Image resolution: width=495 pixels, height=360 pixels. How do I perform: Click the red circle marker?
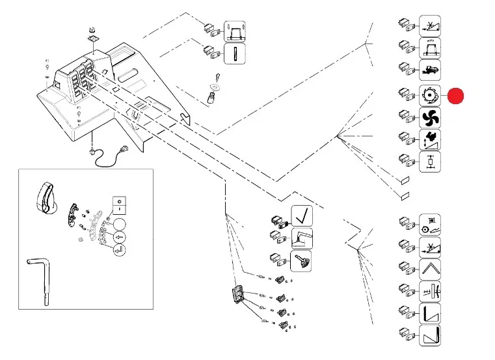click(x=455, y=96)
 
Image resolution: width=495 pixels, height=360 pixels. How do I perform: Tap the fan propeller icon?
click(x=430, y=118)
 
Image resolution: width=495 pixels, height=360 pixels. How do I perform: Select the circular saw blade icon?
click(x=430, y=96)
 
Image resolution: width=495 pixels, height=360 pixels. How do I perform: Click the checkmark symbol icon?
click(x=301, y=215)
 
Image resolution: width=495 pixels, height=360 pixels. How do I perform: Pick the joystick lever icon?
click(x=301, y=261)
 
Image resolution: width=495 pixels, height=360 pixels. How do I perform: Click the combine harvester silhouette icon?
click(x=430, y=69)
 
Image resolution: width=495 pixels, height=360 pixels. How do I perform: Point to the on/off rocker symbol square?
click(x=119, y=204)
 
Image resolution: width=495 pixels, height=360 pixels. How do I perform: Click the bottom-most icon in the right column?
click(x=430, y=337)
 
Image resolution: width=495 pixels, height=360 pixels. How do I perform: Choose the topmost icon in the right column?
click(x=430, y=26)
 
